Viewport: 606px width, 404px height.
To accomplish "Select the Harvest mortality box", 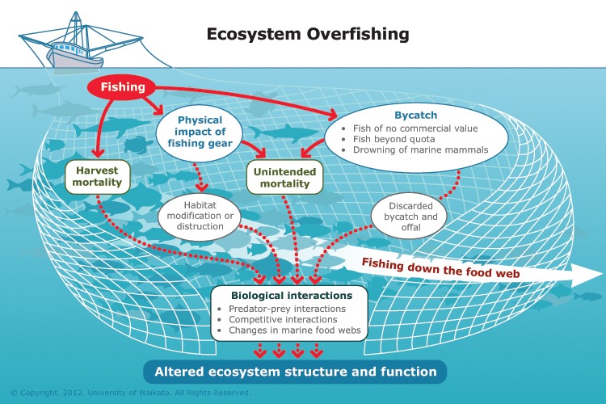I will point(98,176).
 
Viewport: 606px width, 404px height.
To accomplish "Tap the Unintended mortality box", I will point(283,177).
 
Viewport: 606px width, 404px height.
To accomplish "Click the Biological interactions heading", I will point(288,296).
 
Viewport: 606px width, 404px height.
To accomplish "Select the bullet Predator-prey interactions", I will point(287,309).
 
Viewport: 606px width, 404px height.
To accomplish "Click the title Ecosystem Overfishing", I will point(308,34).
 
